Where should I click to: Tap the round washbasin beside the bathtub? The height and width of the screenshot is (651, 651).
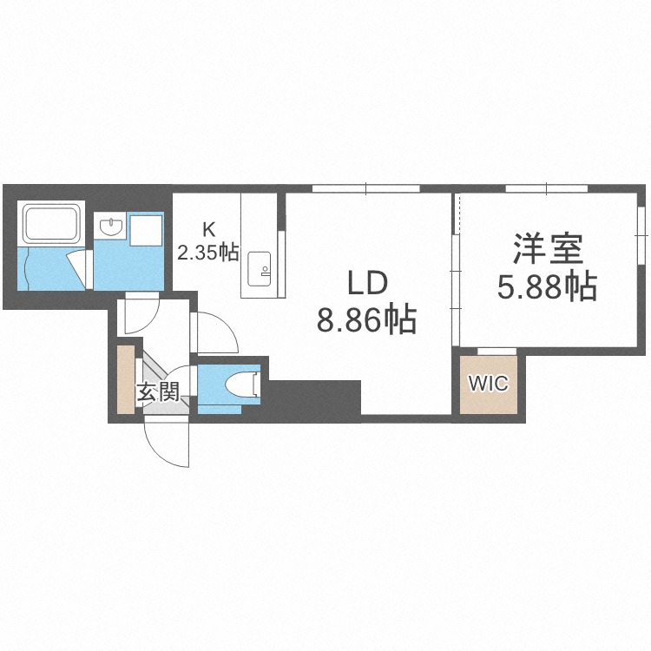110,227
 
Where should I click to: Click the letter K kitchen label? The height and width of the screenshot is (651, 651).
208,230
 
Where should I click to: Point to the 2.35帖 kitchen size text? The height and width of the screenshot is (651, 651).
208,253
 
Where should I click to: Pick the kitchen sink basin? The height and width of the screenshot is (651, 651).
259,266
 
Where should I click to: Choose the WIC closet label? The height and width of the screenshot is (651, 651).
489,384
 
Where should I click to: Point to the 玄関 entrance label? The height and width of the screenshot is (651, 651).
157,391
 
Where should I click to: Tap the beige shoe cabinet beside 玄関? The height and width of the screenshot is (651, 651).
127,379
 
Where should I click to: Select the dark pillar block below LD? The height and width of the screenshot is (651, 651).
314,398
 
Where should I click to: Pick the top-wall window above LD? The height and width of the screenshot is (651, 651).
365,187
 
